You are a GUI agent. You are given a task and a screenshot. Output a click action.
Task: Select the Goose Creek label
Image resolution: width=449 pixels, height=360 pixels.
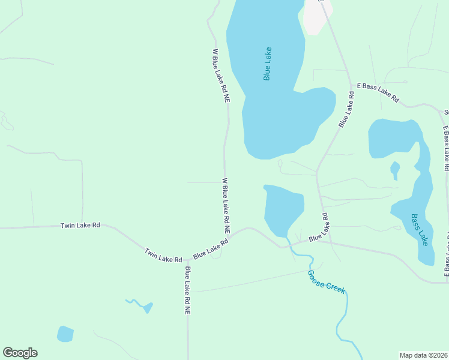coord(327,281)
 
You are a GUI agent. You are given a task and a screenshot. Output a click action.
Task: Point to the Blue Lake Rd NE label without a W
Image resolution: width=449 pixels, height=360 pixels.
coord(188,290)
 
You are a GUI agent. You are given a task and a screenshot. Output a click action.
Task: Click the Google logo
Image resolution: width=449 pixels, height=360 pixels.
coord(20,353)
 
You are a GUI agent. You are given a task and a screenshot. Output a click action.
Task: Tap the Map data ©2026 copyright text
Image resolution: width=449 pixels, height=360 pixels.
coord(423,355)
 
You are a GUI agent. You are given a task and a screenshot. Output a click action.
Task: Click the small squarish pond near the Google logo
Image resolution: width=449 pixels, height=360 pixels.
coord(65,334)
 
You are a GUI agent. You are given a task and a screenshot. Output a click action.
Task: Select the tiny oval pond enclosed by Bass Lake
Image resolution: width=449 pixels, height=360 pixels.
coord(394,169)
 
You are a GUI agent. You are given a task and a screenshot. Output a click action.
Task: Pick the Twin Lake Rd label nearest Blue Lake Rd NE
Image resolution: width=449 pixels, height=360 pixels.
coord(163,255)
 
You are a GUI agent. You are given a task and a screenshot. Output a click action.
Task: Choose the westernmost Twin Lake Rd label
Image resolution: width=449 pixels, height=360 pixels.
coord(80,226)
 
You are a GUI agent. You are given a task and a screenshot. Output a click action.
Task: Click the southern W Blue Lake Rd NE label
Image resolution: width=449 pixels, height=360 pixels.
coord(226,205)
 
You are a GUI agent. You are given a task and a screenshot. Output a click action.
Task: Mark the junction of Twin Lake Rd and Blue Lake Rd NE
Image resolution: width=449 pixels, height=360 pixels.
coord(187,261)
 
